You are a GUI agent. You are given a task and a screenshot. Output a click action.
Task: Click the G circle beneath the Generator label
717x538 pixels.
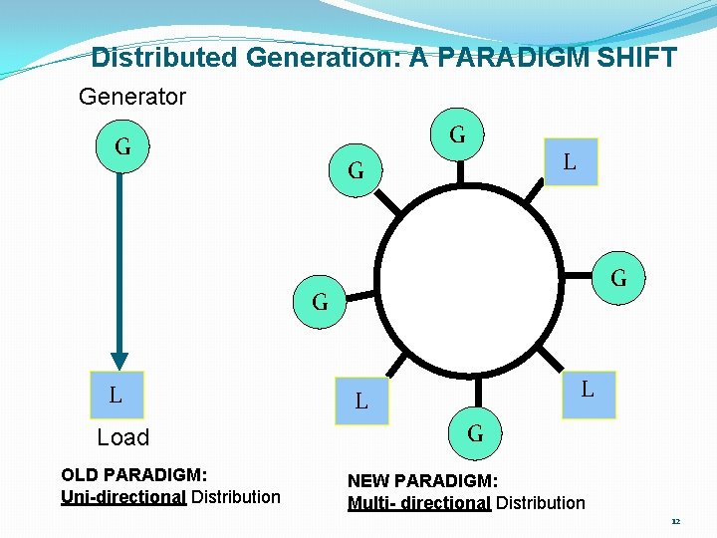121,147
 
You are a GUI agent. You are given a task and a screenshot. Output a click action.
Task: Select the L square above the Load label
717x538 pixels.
117,395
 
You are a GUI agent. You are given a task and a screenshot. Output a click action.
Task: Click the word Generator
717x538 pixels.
132,97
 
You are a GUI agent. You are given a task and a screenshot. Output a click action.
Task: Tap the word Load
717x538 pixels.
122,437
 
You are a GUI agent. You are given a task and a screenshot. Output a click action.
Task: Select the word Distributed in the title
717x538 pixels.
163,58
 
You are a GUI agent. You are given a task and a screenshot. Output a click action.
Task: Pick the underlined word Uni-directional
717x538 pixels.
123,496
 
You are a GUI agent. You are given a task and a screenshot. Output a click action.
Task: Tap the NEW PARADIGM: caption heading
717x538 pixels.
422,481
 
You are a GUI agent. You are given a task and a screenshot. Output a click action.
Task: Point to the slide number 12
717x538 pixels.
675,521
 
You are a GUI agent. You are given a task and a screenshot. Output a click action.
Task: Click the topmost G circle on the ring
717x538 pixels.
458,134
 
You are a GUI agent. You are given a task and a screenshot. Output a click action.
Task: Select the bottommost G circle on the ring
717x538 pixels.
475,433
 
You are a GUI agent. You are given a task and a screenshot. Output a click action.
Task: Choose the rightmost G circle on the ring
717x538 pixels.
618,277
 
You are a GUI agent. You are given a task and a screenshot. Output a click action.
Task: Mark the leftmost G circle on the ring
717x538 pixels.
320,301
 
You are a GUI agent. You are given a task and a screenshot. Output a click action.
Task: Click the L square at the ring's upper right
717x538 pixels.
570,161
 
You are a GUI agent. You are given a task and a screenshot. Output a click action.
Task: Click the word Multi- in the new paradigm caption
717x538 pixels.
371,503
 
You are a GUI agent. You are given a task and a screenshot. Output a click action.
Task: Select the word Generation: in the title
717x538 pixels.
323,58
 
